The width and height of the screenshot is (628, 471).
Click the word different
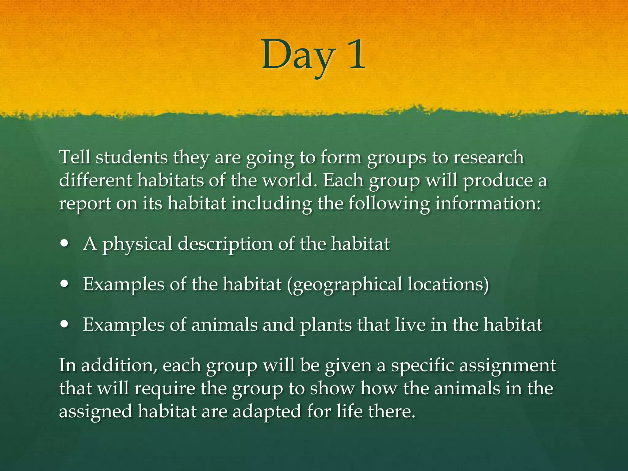(95, 180)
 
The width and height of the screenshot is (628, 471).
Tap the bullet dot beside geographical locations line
(65, 284)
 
